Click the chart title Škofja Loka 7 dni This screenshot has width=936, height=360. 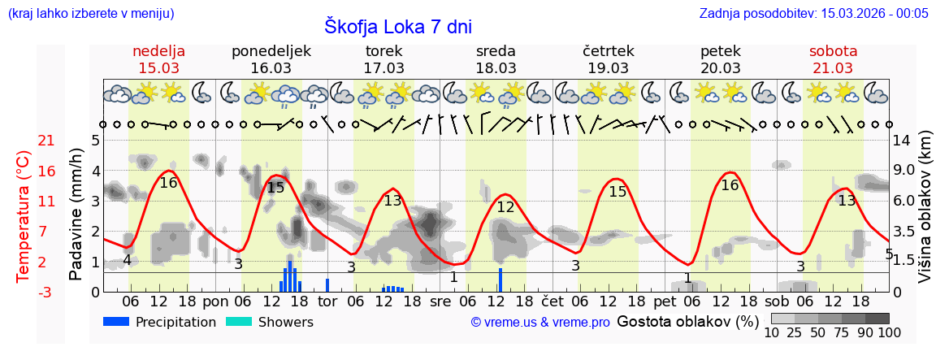[397, 26]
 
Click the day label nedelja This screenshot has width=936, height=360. [159, 50]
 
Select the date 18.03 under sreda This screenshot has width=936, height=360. [496, 68]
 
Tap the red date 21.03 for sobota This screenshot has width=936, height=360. [833, 68]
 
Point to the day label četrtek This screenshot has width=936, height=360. [609, 50]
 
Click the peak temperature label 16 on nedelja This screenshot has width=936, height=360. [168, 183]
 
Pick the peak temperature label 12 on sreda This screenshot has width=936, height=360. [505, 206]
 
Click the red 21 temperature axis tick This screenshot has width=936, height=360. [24, 141]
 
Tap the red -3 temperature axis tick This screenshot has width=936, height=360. [24, 291]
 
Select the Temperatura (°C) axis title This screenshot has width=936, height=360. [24, 215]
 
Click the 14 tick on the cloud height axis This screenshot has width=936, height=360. [903, 141]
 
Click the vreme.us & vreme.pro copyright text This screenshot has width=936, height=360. [540, 322]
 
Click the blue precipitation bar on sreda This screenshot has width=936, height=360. [500, 279]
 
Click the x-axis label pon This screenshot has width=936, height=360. [215, 301]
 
